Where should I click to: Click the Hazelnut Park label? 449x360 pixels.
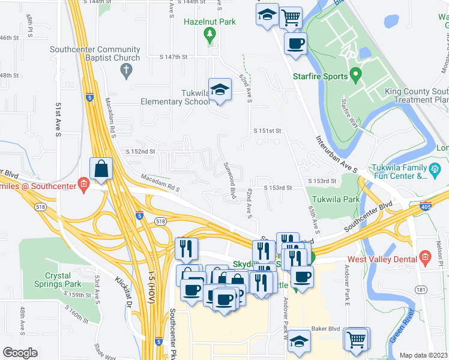209,22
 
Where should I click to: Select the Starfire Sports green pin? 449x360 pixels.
355,76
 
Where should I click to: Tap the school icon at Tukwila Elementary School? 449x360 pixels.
220,89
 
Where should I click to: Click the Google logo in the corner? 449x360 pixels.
20,352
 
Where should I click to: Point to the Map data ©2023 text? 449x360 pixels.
423,355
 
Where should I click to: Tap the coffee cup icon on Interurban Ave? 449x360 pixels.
296,43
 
